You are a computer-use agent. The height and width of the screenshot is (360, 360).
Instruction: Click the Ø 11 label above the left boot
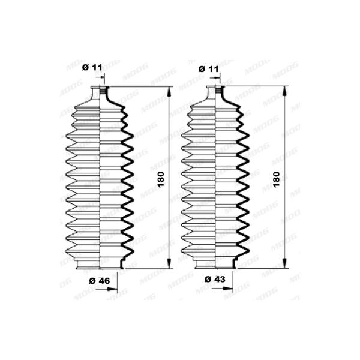92,67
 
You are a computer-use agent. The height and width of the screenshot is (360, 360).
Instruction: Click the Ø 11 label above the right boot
208,69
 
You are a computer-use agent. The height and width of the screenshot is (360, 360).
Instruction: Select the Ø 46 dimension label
100,281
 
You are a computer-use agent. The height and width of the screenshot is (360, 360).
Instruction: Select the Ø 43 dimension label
215,279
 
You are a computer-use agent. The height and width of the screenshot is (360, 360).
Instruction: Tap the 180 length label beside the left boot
161,179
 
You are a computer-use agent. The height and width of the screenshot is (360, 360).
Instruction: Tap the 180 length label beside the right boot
277,179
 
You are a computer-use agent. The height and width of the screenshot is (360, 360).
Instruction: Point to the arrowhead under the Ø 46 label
113,289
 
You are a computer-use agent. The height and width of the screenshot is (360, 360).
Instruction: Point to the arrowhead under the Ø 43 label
228,289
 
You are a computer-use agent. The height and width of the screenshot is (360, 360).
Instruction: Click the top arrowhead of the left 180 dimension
169,92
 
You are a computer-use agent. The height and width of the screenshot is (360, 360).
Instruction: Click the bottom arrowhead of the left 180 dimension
169,263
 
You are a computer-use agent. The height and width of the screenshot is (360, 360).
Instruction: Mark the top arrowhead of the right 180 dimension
284,92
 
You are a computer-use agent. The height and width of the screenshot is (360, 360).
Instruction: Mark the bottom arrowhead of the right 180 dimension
284,263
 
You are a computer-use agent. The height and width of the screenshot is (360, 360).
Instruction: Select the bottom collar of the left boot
100,264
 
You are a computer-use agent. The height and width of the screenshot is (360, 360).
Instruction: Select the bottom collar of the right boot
215,264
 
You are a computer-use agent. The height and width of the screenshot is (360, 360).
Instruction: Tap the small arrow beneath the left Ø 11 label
100,77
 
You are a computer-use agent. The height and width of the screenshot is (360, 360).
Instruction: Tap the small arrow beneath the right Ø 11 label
216,78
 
